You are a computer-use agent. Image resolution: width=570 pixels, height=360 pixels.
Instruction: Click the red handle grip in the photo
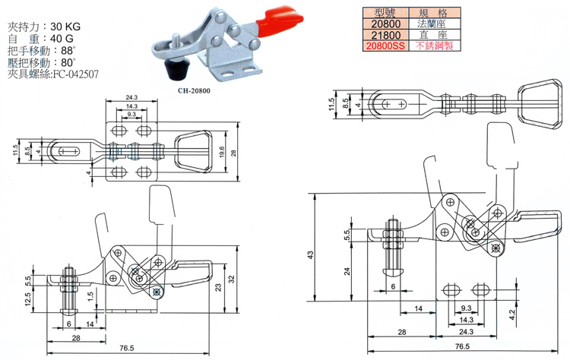click(x=277, y=21)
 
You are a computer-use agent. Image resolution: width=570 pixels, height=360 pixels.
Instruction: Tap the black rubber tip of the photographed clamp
click(x=177, y=72)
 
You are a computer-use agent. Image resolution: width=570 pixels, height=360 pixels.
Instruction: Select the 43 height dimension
click(x=310, y=255)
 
